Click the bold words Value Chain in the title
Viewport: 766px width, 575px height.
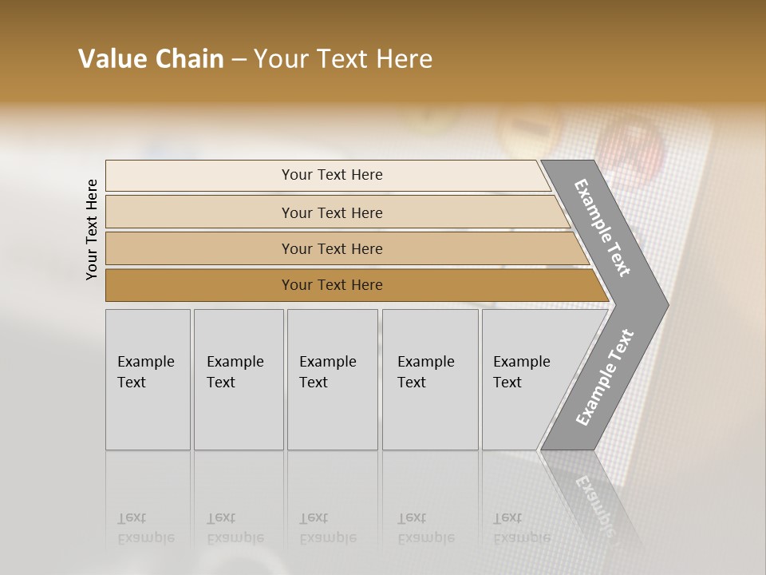[x=151, y=59]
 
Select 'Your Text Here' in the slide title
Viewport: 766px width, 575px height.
[x=343, y=59]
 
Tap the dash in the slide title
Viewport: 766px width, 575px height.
[x=239, y=60]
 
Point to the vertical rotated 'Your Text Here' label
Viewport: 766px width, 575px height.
[x=92, y=229]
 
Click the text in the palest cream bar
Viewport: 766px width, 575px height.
[x=332, y=175]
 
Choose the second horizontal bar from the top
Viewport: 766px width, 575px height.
[x=332, y=212]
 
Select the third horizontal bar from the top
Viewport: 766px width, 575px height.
[x=332, y=249]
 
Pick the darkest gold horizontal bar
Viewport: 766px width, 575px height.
[x=332, y=285]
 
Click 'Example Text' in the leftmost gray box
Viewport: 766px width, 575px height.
[x=145, y=372]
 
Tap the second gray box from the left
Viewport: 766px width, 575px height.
[x=238, y=379]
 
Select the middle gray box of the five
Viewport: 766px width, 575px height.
[x=332, y=379]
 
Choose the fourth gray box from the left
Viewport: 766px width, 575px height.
[x=429, y=379]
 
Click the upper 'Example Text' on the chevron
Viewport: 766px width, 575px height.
[x=602, y=228]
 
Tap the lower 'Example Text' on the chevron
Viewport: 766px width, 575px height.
[x=605, y=377]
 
